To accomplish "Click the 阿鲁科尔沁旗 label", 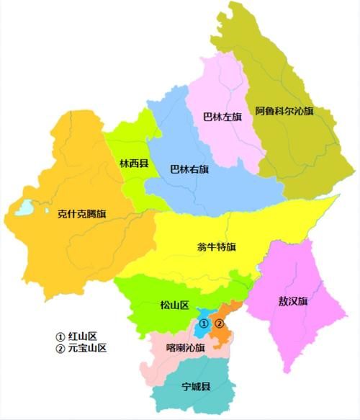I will click(284, 112).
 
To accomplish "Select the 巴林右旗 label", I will click(189, 170).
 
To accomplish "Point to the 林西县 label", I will click(134, 164).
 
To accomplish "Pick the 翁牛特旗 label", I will click(217, 247).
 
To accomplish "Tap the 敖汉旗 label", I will click(293, 300).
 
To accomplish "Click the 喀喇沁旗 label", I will click(185, 347).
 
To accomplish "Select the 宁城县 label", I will click(195, 386).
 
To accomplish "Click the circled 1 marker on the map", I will click(204, 323).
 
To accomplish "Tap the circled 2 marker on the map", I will click(220, 323).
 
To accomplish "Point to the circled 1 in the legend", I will click(60, 336).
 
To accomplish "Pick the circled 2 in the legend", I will click(60, 348).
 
